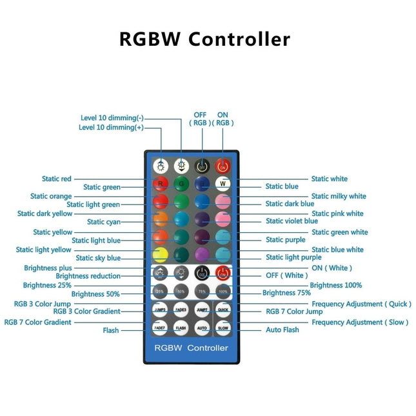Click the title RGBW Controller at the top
click(x=204, y=39)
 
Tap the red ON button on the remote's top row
click(x=223, y=166)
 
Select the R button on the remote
click(x=161, y=183)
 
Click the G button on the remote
click(x=181, y=183)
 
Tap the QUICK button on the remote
click(x=223, y=309)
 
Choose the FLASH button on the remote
click(x=181, y=326)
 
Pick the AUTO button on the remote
click(x=203, y=326)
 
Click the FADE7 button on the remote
click(x=161, y=326)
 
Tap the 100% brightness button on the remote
click(x=223, y=291)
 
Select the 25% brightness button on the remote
click(x=161, y=291)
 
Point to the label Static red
click(x=57, y=179)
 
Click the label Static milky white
click(x=339, y=196)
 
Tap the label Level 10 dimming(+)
click(x=112, y=128)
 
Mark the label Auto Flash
click(x=282, y=330)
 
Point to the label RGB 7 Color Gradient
click(x=38, y=322)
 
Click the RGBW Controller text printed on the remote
click(x=191, y=348)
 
